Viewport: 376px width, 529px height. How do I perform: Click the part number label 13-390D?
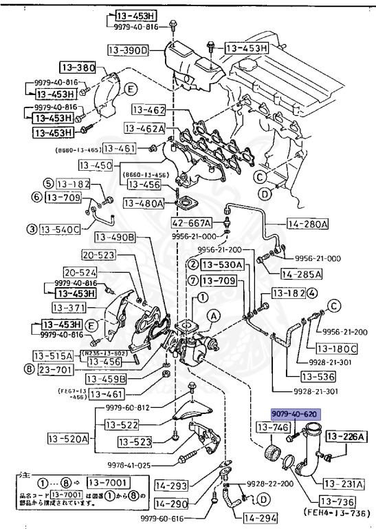(x=129, y=50)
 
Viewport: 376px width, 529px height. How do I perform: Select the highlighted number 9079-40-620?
(x=294, y=415)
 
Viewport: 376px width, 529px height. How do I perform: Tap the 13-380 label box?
(x=76, y=68)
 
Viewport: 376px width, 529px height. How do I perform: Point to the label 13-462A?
(x=145, y=128)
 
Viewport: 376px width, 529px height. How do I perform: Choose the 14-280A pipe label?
(x=307, y=224)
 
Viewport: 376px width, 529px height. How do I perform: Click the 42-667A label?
(x=190, y=223)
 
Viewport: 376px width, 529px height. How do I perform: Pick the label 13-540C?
(x=60, y=229)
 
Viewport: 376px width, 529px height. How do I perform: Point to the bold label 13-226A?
(x=346, y=436)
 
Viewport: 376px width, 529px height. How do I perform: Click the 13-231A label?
(x=344, y=483)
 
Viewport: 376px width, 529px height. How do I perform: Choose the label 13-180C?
(x=337, y=349)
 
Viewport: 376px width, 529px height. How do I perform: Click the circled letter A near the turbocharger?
(x=215, y=316)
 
